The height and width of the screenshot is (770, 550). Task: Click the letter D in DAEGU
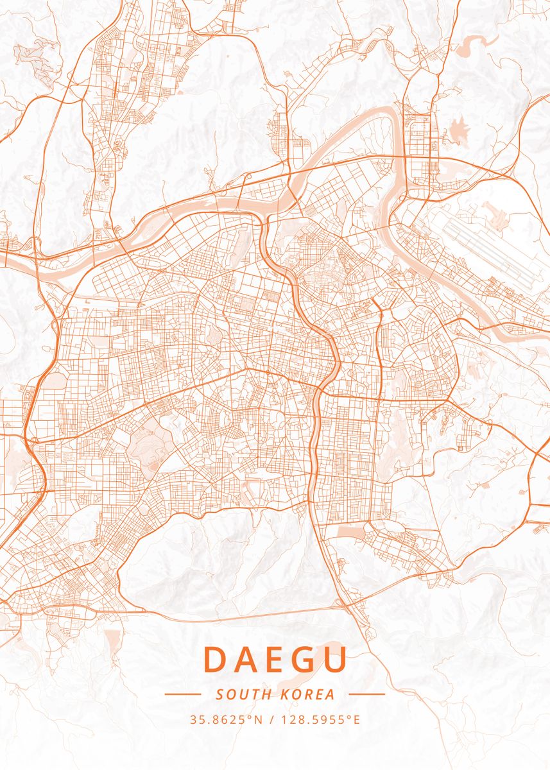click(216, 660)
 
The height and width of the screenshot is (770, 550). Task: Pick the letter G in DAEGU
click(304, 660)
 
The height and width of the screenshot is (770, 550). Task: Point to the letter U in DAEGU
click(334, 660)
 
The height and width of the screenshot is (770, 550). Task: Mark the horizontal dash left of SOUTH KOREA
click(183, 694)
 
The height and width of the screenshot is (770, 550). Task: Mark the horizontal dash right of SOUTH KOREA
click(366, 694)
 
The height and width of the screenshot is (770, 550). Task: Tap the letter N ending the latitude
click(259, 719)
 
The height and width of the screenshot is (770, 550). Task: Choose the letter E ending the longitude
click(356, 719)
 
